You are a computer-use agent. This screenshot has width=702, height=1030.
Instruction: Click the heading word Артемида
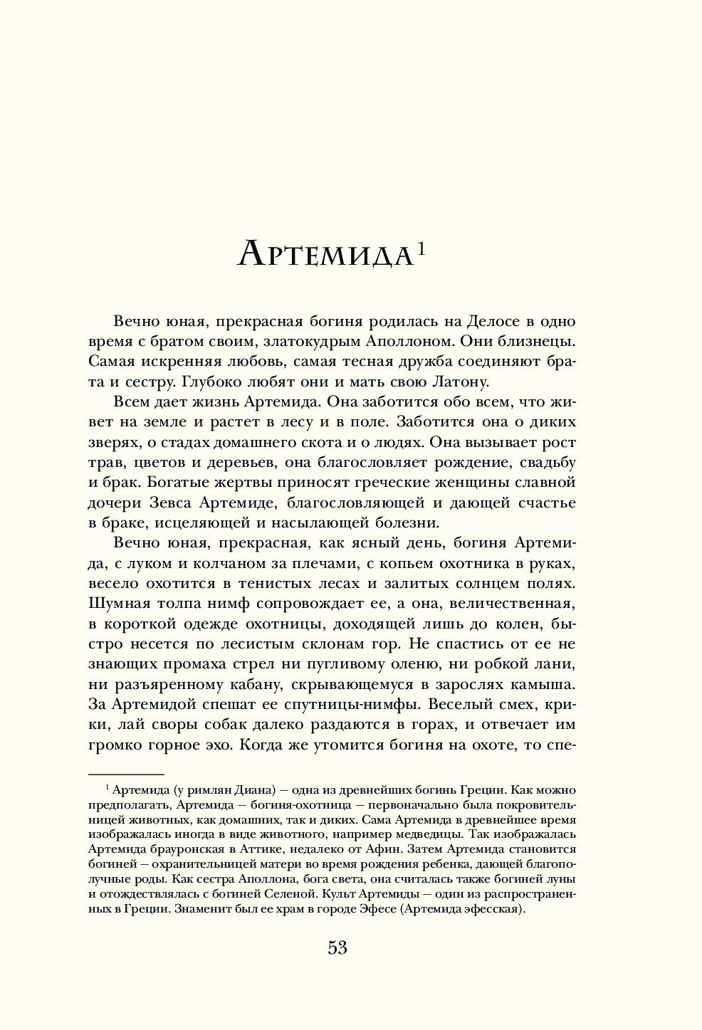point(325,254)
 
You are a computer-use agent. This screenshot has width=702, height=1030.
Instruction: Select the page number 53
point(337,947)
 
